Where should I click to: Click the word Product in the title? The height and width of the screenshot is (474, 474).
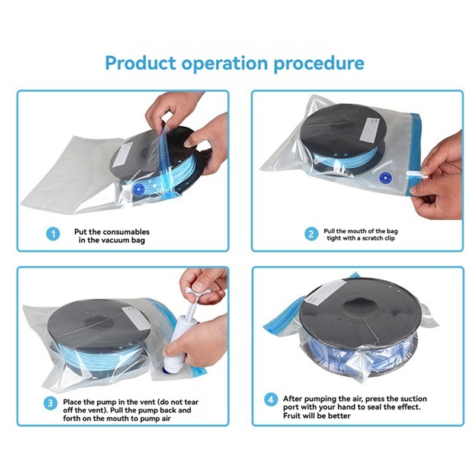140,63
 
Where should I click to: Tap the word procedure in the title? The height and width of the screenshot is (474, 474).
319,64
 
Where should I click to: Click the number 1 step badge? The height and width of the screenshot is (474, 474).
53,234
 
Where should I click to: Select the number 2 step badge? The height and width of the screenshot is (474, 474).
311,234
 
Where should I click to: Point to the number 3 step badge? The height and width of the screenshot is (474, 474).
50,403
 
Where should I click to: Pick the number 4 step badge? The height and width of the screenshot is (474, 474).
271,399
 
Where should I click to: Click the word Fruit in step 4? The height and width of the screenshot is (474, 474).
291,416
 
